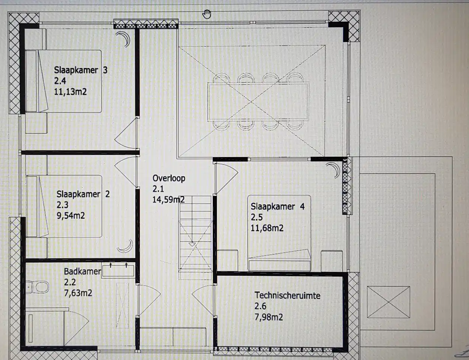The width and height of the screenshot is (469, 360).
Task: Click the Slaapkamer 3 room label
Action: [81, 70]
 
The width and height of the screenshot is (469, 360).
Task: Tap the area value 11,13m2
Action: [70, 92]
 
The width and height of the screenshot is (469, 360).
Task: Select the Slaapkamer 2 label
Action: [83, 194]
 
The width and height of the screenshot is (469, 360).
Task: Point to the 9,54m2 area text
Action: [70, 216]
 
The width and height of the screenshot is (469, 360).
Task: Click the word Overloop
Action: [169, 178]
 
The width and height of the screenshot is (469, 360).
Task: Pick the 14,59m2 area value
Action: [168, 199]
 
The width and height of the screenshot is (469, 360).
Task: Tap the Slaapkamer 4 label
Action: [277, 207]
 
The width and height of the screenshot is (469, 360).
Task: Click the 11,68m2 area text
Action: [267, 228]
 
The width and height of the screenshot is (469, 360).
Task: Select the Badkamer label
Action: [82, 271]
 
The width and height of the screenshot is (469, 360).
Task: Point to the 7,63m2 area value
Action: [78, 293]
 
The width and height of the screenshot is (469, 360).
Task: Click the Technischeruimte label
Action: [287, 295]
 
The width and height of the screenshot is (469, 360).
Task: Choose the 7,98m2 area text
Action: [268, 317]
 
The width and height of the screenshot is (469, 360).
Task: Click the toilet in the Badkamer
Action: [37, 287]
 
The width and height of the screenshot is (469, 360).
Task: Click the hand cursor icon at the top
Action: [207, 14]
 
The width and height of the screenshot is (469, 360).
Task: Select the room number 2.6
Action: [260, 306]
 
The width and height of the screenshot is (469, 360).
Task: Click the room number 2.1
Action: [158, 189]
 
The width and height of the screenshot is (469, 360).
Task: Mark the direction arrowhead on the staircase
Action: [192, 244]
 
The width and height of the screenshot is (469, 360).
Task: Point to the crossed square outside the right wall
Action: [388, 302]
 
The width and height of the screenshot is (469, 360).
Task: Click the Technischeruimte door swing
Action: [203, 300]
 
